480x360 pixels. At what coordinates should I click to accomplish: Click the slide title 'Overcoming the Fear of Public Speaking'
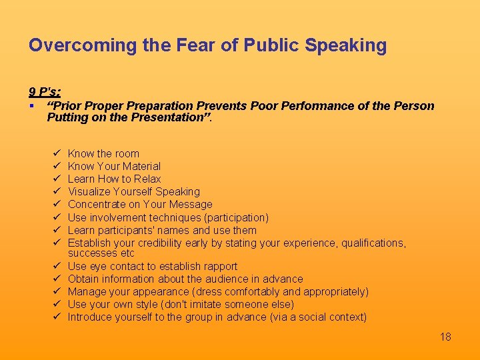pyautogui.click(x=207, y=45)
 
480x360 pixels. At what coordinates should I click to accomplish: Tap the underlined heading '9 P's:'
pyautogui.click(x=45, y=91)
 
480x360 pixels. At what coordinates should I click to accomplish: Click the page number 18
pyautogui.click(x=445, y=337)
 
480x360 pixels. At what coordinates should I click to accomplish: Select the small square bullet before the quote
pyautogui.click(x=31, y=106)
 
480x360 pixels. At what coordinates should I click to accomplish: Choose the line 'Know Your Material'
pyautogui.click(x=114, y=166)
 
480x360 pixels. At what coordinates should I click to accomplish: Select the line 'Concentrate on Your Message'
pyautogui.click(x=140, y=204)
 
